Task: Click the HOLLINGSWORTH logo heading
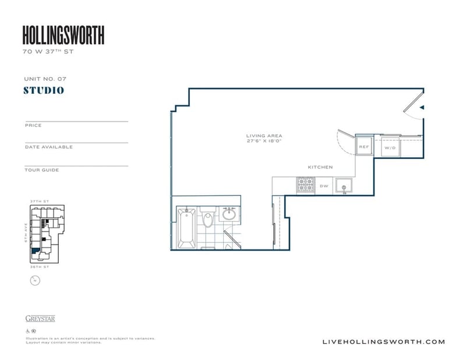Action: pos(63,36)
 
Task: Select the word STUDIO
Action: pos(44,90)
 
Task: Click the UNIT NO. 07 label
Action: pos(42,78)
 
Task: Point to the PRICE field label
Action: pos(33,125)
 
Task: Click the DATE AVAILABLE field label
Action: pos(49,147)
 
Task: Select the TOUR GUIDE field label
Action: pos(42,170)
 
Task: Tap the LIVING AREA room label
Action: pos(264,136)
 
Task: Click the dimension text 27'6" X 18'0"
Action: pos(264,142)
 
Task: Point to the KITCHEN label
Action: pos(320,167)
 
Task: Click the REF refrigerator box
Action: pos(364,147)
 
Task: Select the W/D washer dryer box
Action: pos(390,148)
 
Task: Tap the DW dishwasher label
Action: pos(324,186)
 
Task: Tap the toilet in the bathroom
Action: pos(208,221)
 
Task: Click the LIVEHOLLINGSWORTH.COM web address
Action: pos(383,342)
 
